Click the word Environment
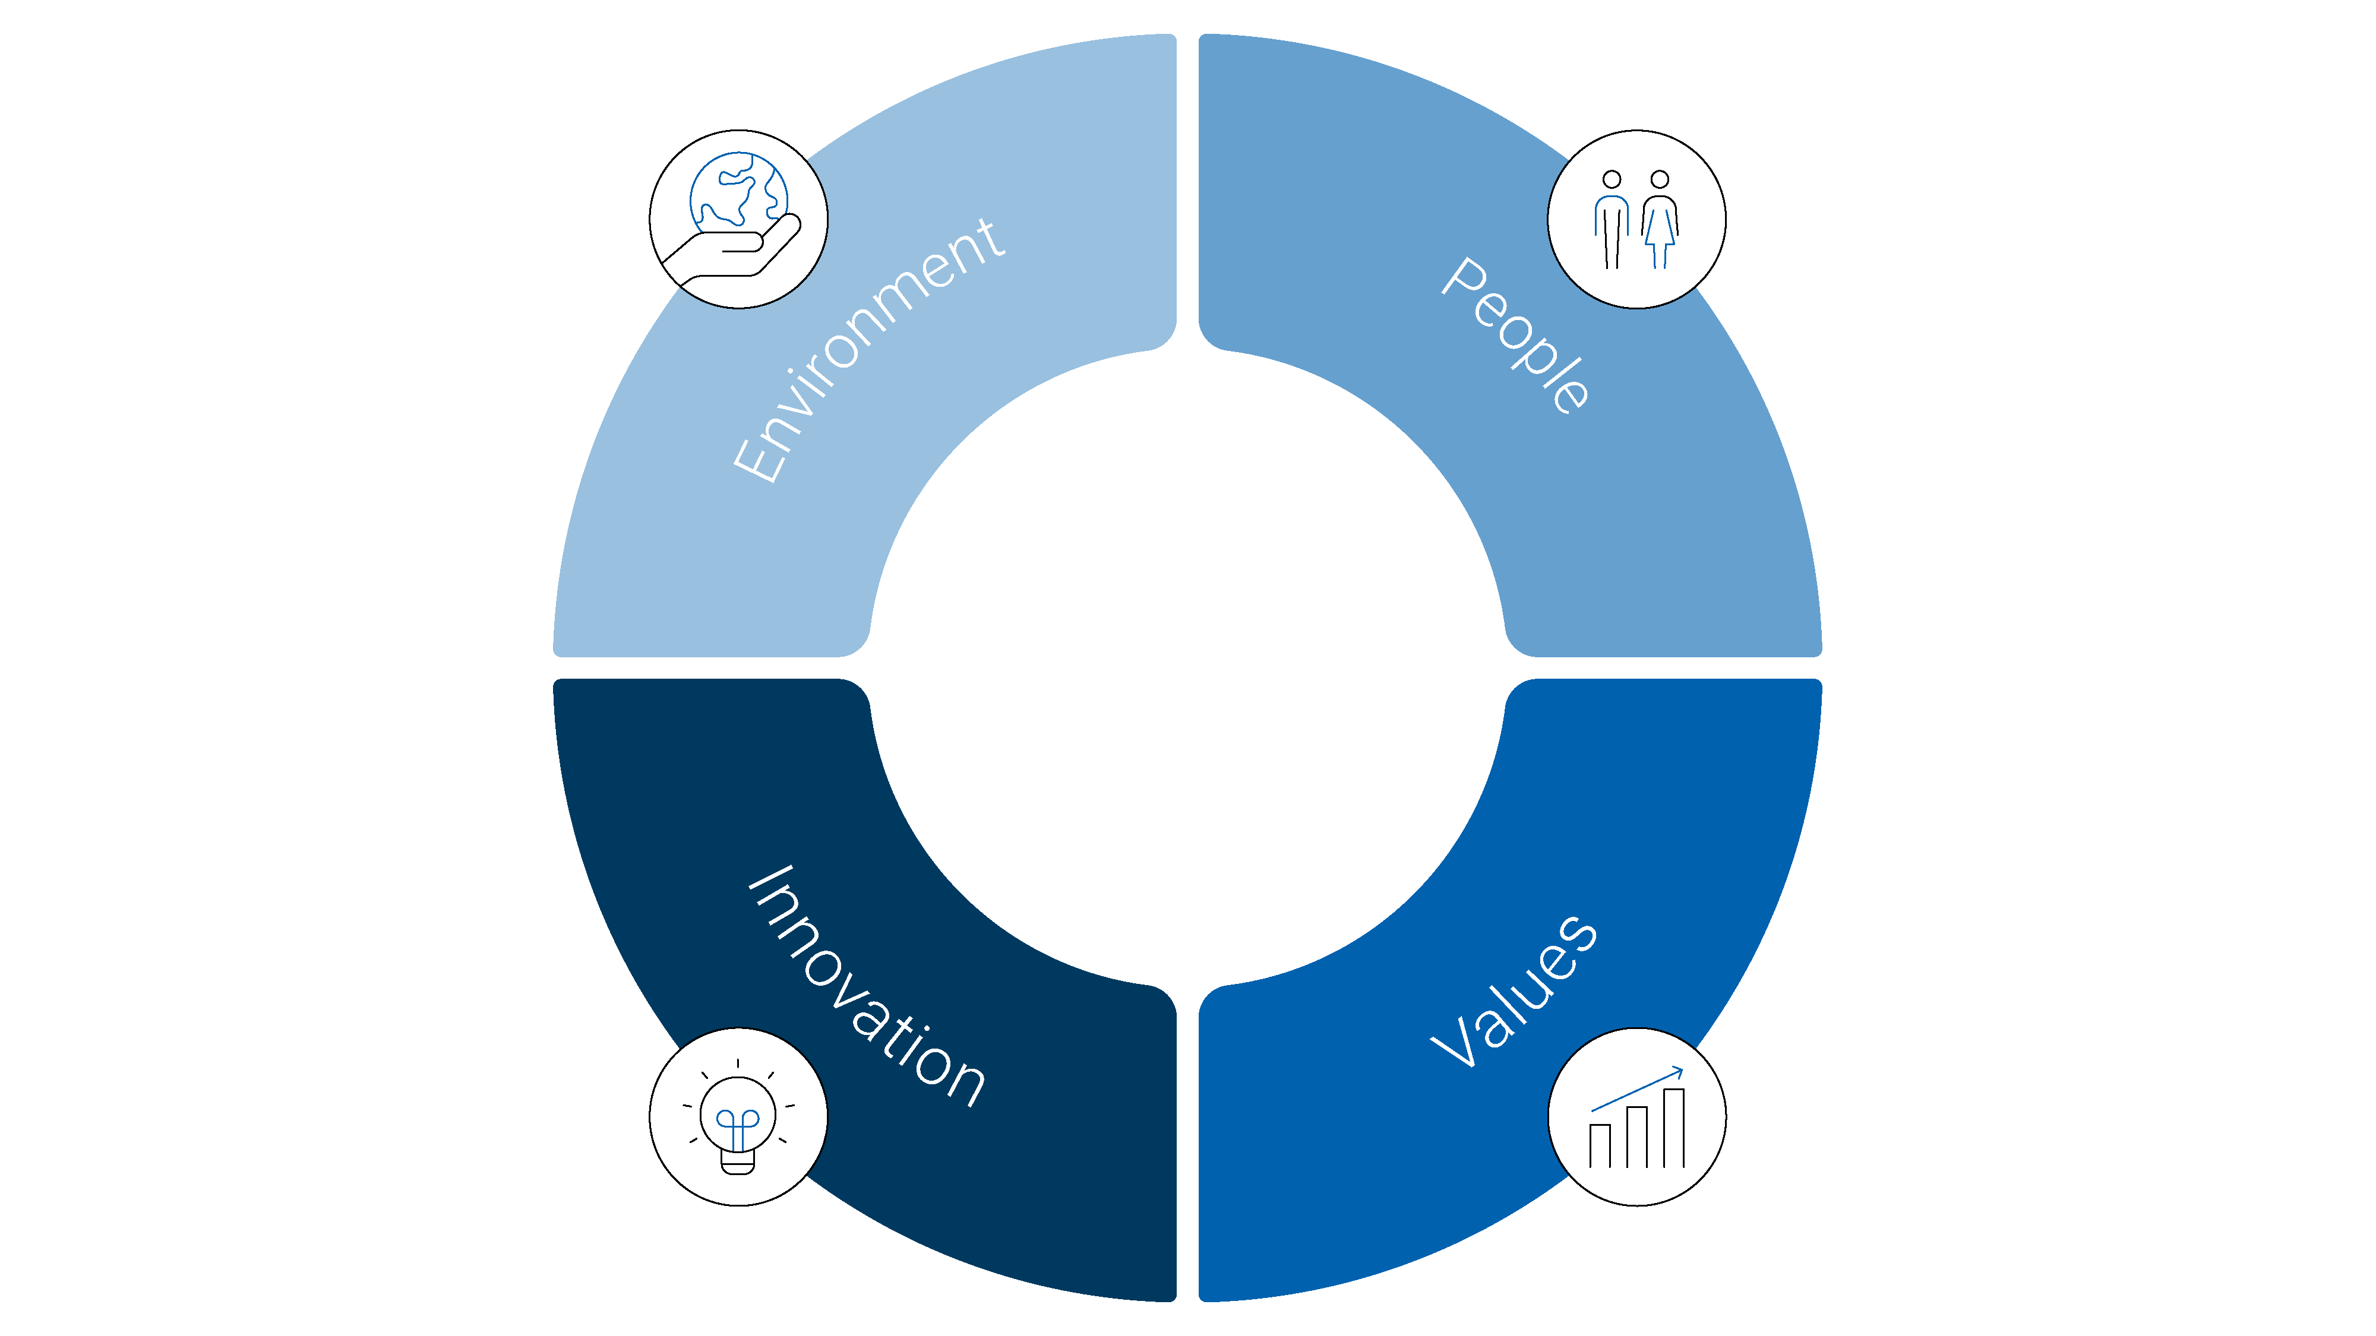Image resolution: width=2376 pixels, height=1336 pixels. (x=867, y=350)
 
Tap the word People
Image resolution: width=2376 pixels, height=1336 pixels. (x=1515, y=334)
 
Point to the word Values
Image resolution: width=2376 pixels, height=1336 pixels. (x=1514, y=991)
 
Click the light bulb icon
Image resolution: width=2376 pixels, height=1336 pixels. (x=738, y=1117)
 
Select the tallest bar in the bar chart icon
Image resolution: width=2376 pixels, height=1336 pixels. (x=1674, y=1128)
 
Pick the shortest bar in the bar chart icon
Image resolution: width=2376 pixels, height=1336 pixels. (x=1600, y=1146)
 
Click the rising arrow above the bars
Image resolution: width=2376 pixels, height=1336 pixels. (x=1637, y=1089)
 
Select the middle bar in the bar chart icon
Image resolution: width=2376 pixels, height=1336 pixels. (x=1636, y=1137)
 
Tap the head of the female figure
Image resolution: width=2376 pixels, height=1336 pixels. (x=1659, y=179)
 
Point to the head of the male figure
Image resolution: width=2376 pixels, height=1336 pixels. (x=1612, y=179)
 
